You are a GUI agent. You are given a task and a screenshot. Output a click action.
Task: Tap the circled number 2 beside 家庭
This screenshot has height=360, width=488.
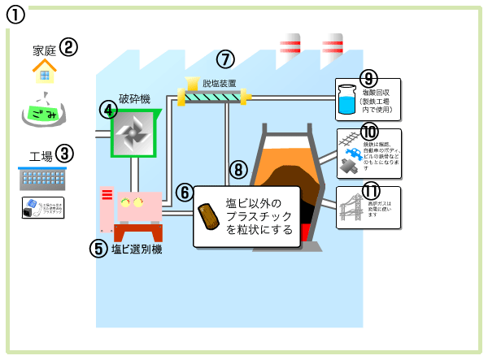point(68,47)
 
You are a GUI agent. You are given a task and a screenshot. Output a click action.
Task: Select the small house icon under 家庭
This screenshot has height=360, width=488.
point(45,74)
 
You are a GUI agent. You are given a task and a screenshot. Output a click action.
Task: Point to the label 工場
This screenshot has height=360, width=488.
point(41,155)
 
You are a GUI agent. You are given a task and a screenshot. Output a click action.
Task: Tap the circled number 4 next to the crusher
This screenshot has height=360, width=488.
point(107,110)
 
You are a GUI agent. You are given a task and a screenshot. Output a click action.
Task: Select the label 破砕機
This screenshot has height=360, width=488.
point(134,99)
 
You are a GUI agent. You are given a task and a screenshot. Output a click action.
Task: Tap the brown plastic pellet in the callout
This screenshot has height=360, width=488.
point(209,215)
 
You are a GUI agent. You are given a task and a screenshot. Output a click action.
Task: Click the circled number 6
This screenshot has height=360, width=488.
point(185,193)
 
